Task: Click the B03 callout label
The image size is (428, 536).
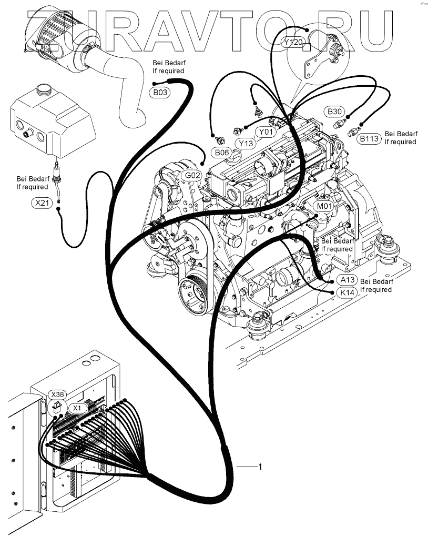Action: click(161, 93)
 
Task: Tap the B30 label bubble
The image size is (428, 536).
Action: click(335, 112)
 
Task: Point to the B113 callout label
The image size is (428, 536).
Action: click(369, 138)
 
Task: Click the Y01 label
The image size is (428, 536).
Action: click(265, 132)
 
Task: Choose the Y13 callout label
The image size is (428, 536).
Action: click(246, 143)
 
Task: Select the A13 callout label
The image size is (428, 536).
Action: click(347, 280)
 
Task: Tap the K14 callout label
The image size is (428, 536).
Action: click(347, 292)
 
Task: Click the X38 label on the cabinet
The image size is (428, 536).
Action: click(58, 394)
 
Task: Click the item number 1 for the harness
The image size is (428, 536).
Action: click(260, 467)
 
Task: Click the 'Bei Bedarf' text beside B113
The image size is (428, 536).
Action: click(400, 134)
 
